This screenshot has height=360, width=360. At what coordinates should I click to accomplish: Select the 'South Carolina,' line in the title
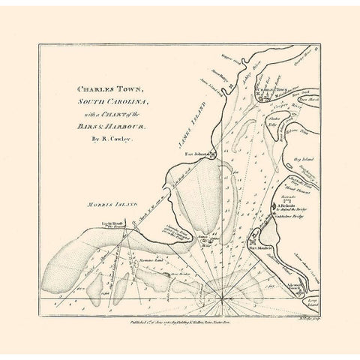pos(108,101)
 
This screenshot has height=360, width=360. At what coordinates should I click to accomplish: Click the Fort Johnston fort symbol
pos(213,156)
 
